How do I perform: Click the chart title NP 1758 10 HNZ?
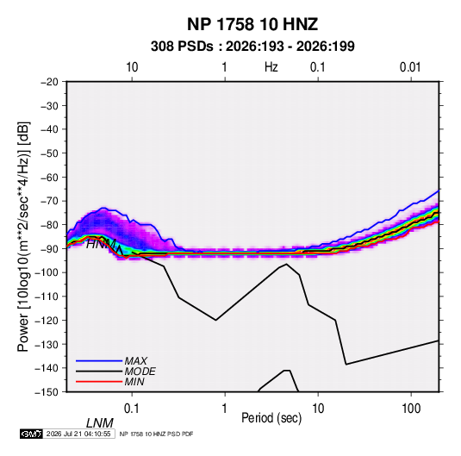(x=252, y=24)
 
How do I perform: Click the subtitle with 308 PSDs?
(x=252, y=47)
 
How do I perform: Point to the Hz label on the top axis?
(x=271, y=67)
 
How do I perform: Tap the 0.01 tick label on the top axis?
(x=410, y=67)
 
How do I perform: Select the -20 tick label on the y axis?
(x=49, y=82)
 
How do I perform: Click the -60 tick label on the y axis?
(x=49, y=177)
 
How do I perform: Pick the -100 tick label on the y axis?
(x=47, y=272)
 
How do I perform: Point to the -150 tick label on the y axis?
(x=47, y=392)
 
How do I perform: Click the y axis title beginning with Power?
(x=23, y=237)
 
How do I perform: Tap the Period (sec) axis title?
(x=271, y=418)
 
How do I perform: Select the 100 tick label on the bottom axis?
(x=411, y=409)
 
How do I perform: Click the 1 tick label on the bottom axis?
(x=224, y=409)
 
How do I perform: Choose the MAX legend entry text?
(x=136, y=361)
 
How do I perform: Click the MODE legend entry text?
(x=140, y=372)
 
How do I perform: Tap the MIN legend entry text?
(x=134, y=382)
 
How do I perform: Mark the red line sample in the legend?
(x=99, y=382)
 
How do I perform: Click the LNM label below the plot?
(x=99, y=423)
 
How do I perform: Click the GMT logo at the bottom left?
(x=31, y=434)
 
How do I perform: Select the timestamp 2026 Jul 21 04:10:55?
(x=78, y=434)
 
